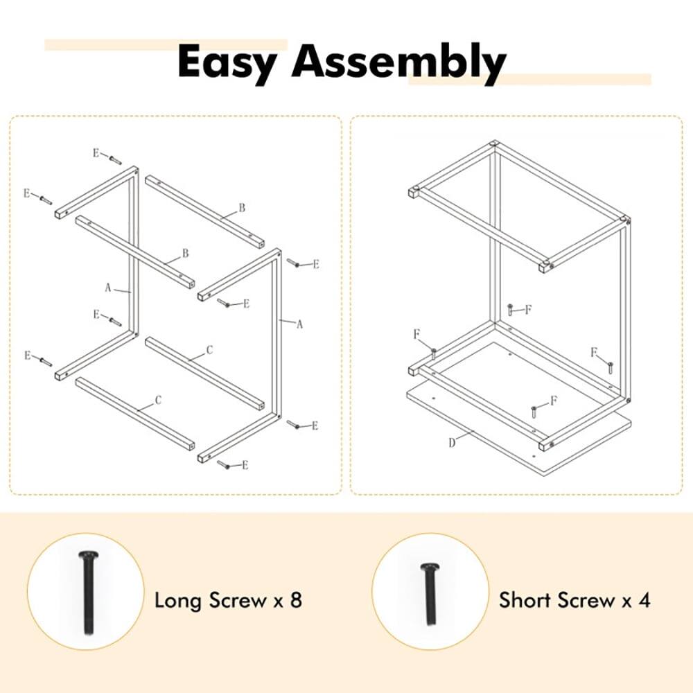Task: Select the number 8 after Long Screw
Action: click(x=296, y=599)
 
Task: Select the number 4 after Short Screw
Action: click(x=644, y=599)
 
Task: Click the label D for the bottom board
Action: click(x=452, y=443)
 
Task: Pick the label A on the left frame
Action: click(x=108, y=286)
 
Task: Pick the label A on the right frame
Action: click(x=300, y=324)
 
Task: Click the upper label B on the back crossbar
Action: click(x=242, y=207)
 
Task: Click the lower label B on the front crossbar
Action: click(x=185, y=253)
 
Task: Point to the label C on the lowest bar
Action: click(x=158, y=399)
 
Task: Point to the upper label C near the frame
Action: click(x=209, y=351)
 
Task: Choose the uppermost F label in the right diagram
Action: click(x=528, y=310)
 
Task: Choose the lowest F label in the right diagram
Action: click(x=553, y=400)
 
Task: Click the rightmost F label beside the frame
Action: click(x=594, y=352)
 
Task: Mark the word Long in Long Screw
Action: click(x=177, y=599)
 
